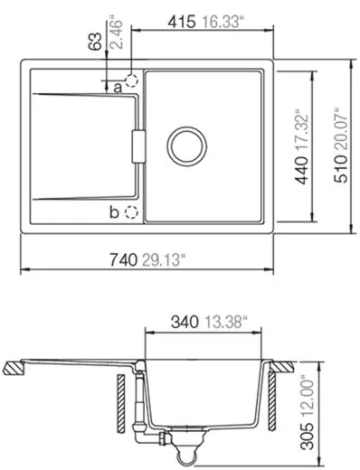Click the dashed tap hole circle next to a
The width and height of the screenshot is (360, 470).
[x=133, y=80]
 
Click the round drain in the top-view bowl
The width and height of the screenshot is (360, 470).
[x=188, y=146]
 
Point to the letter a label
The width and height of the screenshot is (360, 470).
[x=118, y=87]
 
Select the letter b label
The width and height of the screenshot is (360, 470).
[x=114, y=212]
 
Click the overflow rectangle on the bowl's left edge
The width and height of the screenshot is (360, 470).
[x=138, y=146]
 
